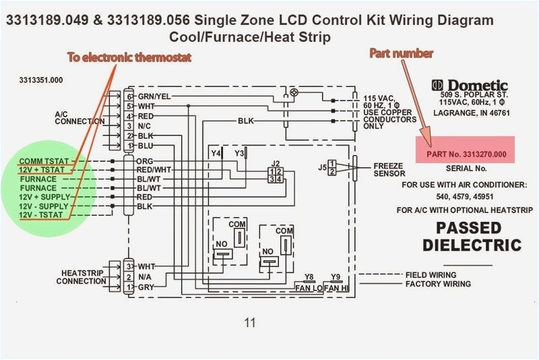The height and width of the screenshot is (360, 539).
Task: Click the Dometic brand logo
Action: click(470, 86)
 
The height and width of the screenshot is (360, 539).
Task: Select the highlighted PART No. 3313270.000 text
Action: click(466, 154)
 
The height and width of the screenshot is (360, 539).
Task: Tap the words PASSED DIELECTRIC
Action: click(472, 236)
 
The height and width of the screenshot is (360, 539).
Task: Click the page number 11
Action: click(250, 322)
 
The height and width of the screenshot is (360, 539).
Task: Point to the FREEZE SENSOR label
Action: click(389, 169)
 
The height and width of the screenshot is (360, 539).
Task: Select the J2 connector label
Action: click(275, 164)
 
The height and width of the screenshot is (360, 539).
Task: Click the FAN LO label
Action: click(309, 288)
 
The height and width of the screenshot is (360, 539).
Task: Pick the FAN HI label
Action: click(336, 288)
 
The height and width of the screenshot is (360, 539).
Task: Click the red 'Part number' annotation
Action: click(401, 53)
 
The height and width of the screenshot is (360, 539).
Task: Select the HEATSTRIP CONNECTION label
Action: click(81, 277)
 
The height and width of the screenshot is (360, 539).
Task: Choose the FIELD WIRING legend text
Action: click(431, 275)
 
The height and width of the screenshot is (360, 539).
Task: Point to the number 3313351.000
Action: click(41, 80)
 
